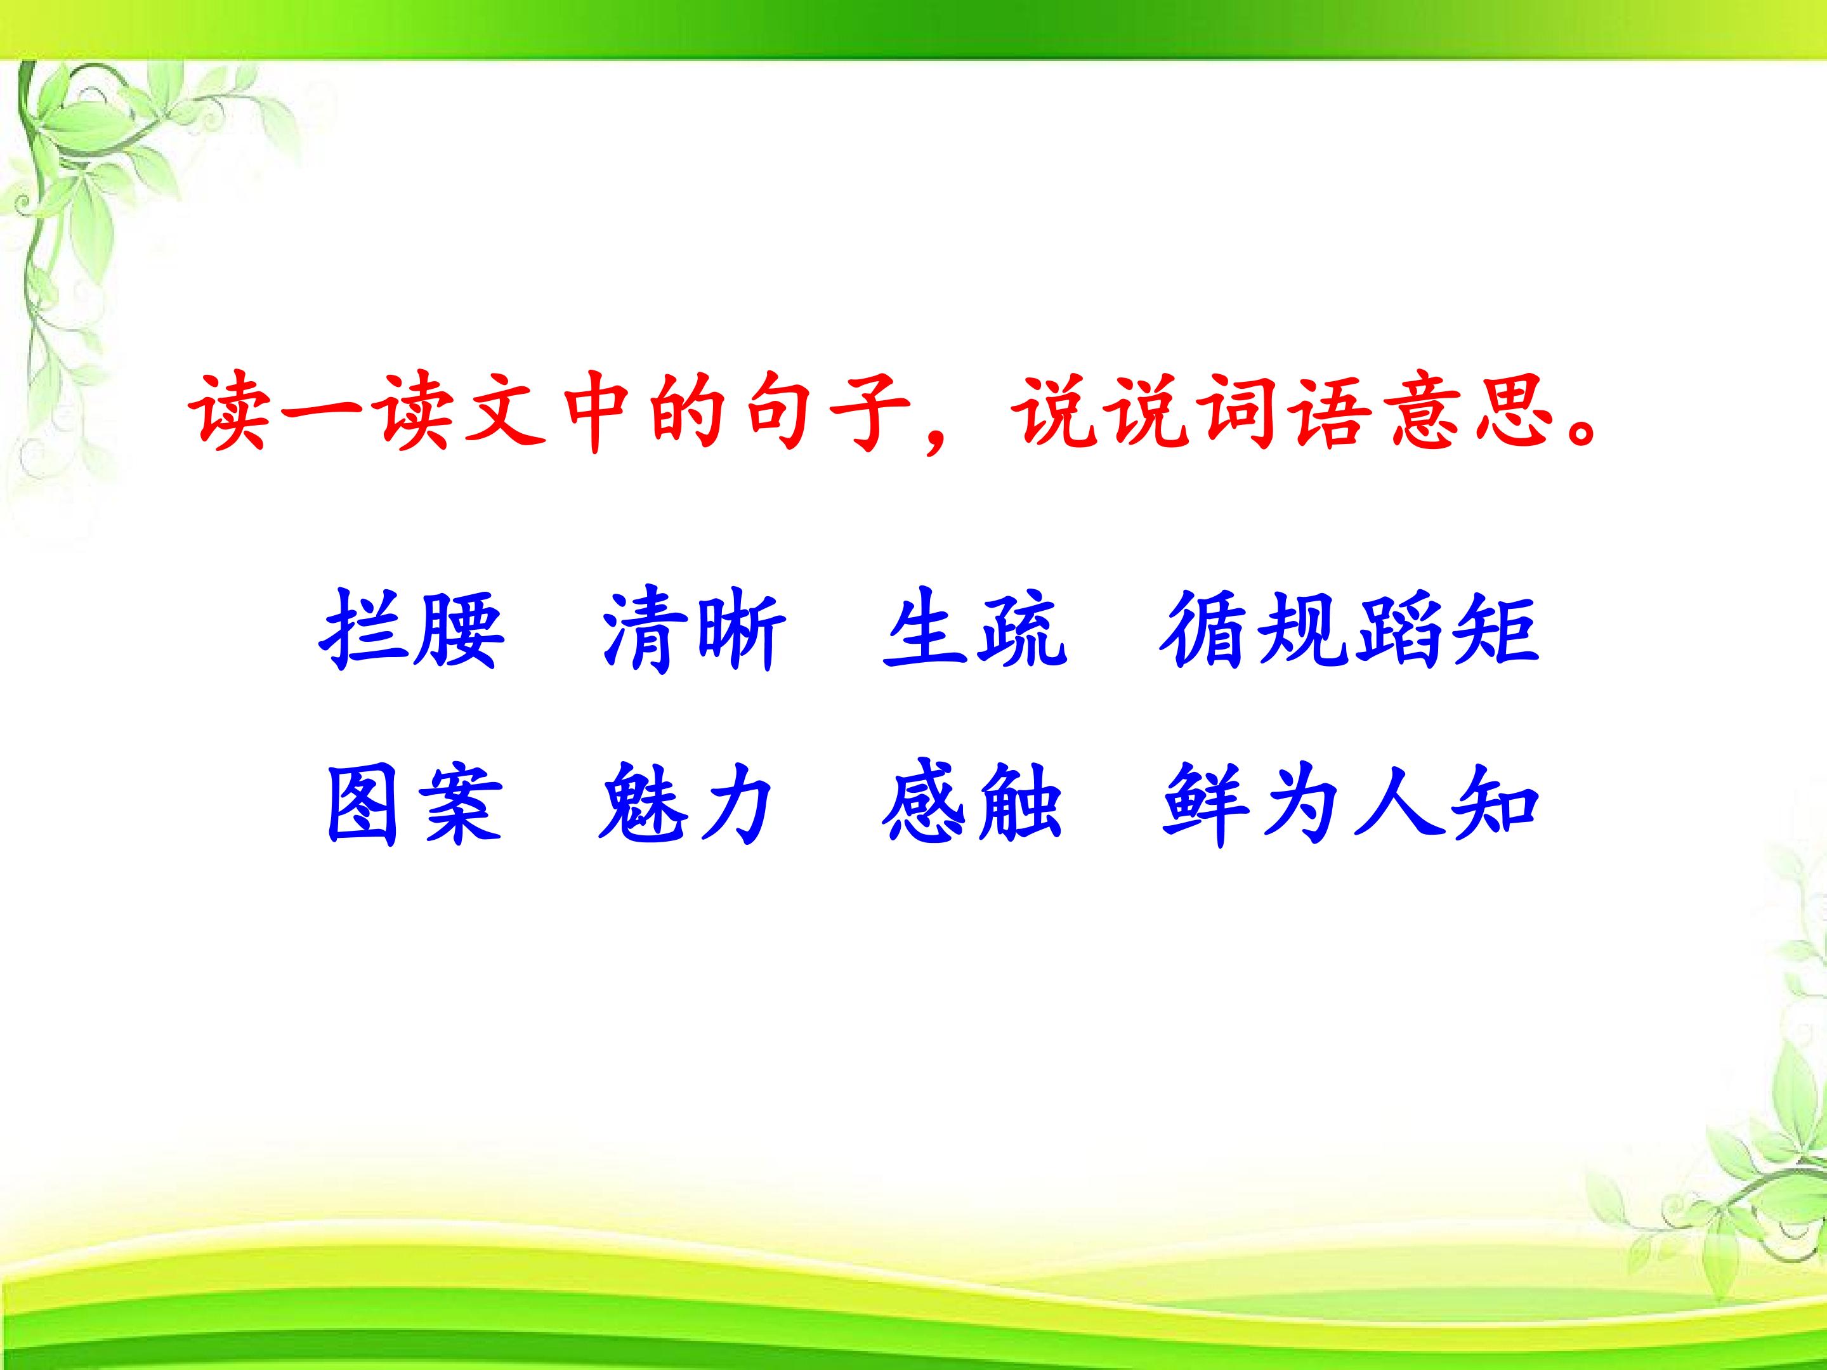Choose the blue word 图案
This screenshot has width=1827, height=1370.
[414, 804]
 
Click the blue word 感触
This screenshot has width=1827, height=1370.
[971, 804]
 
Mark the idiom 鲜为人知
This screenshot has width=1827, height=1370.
[1351, 804]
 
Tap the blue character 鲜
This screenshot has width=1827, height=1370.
[1205, 804]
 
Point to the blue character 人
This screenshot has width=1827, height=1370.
[1400, 804]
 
